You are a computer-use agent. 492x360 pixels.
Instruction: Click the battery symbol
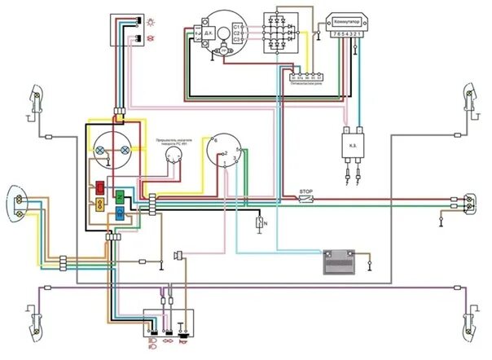coord(336,261)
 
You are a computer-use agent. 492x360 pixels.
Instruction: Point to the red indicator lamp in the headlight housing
coord(99,187)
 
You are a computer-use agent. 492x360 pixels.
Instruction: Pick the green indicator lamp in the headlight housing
coord(119,197)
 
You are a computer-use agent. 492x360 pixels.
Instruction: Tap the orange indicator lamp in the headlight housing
coord(99,204)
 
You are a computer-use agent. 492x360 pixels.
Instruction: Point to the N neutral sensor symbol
coord(259,223)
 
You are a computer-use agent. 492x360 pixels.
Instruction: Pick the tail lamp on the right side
coord(469,202)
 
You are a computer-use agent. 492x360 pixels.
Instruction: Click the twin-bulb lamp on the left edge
coord(17,201)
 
